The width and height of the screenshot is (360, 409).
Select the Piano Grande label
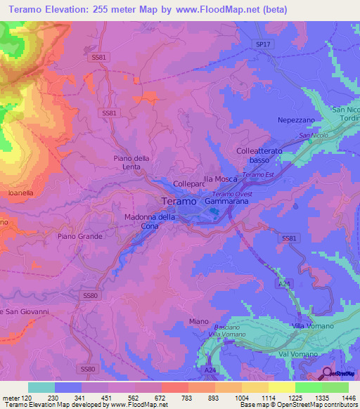coord(79,236)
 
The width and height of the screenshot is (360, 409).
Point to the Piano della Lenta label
coord(132,163)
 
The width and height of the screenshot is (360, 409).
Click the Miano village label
coord(199,321)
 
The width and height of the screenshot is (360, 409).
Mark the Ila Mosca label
coord(220,179)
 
